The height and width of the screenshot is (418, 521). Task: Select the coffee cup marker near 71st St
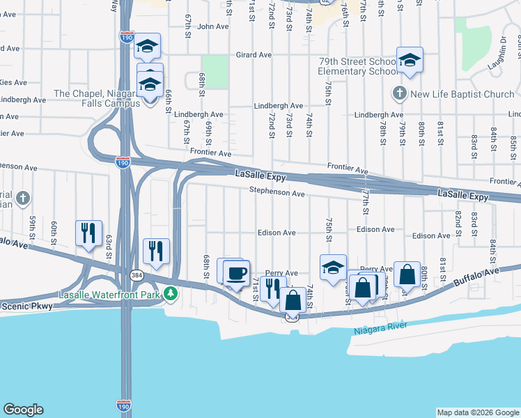pos(236,272)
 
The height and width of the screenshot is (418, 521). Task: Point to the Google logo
pos(23,410)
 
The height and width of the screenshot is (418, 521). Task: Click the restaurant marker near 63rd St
pos(88,233)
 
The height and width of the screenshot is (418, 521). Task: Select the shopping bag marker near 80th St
pos(407,274)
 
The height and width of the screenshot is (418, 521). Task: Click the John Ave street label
pos(213,26)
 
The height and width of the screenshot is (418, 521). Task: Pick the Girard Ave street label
pos(254,54)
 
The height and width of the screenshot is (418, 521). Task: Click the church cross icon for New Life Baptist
pos(399,93)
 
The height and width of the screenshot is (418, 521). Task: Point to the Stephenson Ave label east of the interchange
pos(277,193)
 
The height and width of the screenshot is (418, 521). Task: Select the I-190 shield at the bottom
pos(123,403)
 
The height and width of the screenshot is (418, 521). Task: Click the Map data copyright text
pos(477,412)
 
